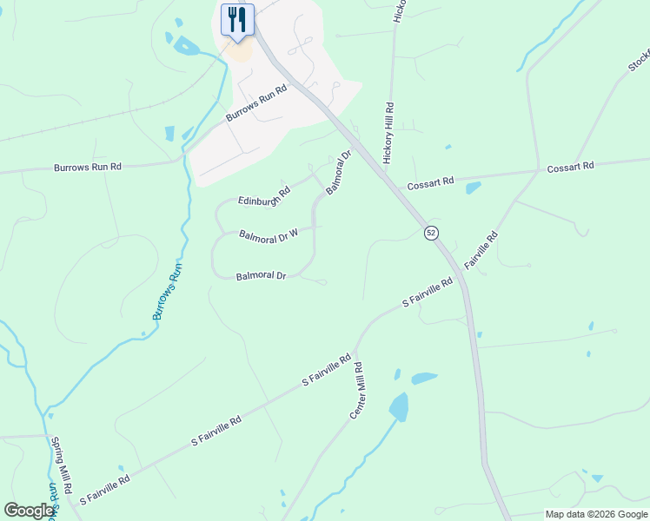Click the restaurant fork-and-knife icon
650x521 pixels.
pyautogui.click(x=237, y=19)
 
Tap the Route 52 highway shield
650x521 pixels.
pyautogui.click(x=430, y=233)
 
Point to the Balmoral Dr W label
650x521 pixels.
pyautogui.click(x=269, y=234)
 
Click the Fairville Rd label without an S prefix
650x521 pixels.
pyautogui.click(x=481, y=248)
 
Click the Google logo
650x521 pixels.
pyautogui.click(x=29, y=511)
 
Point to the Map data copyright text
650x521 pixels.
pyautogui.click(x=595, y=514)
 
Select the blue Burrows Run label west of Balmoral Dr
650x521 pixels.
pyautogui.click(x=169, y=291)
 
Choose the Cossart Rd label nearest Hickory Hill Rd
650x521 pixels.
pyautogui.click(x=431, y=181)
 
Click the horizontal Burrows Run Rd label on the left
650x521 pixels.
pyautogui.click(x=87, y=166)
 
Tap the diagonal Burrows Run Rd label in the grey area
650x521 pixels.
pyautogui.click(x=256, y=103)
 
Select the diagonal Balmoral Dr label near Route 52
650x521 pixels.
pyautogui.click(x=339, y=171)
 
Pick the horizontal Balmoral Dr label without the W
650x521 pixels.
pyautogui.click(x=261, y=276)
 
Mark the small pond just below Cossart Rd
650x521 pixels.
pyautogui.click(x=473, y=187)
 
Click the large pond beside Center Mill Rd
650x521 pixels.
pyautogui.click(x=399, y=406)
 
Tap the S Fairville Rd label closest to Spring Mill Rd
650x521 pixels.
pyautogui.click(x=104, y=489)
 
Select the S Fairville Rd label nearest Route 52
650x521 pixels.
pyautogui.click(x=428, y=293)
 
